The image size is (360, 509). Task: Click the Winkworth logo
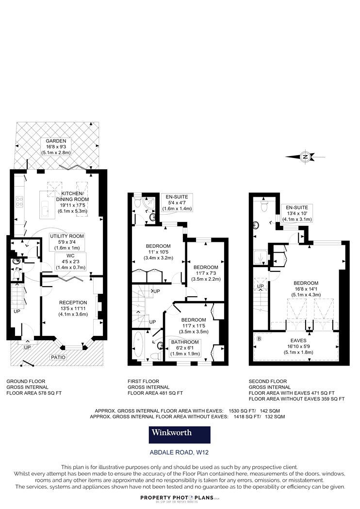click(180, 435)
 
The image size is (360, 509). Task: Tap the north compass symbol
click(305, 157)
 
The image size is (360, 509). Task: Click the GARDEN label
click(56, 141)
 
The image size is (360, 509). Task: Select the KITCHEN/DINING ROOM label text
click(72, 196)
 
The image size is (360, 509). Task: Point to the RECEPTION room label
click(73, 302)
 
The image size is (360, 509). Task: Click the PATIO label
click(58, 357)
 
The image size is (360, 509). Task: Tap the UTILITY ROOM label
click(67, 236)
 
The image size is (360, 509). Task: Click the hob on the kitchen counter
click(19, 202)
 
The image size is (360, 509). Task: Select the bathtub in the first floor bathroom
click(139, 344)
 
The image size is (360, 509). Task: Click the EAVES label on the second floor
click(298, 340)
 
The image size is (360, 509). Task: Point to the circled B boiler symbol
click(259, 339)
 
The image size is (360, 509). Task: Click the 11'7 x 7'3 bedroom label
click(206, 273)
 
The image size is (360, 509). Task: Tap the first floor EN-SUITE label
click(177, 197)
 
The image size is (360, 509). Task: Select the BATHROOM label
click(185, 342)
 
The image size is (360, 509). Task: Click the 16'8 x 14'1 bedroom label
click(306, 289)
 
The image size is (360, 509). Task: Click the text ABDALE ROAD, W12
click(179, 452)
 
